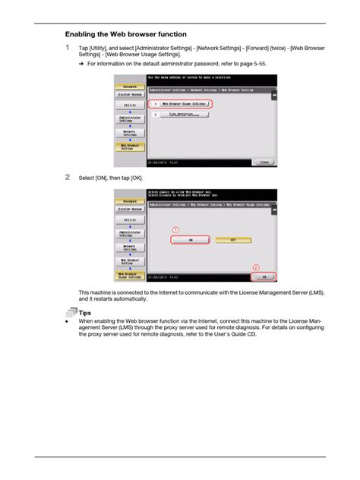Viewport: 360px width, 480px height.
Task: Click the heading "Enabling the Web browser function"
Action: click(125, 34)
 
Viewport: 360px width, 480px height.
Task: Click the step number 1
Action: click(68, 49)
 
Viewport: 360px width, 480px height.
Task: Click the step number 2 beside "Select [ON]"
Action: click(68, 177)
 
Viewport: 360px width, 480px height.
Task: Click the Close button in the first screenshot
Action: click(264, 162)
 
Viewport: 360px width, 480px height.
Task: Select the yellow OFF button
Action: click(233, 240)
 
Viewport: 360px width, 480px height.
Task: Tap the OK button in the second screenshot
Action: click(264, 277)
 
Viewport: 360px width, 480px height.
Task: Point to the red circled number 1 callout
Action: click(175, 229)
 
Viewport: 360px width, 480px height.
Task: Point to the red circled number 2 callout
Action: click(256, 267)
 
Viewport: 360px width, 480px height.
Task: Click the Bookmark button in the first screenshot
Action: click(130, 87)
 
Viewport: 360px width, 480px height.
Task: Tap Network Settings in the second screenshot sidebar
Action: click(130, 248)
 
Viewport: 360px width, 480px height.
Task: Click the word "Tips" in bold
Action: click(84, 312)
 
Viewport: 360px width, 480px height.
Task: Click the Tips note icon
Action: click(71, 311)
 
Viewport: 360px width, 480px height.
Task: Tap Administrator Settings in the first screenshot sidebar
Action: click(130, 119)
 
